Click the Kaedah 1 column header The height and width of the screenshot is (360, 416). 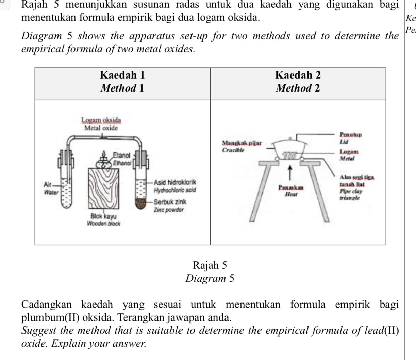[122, 75]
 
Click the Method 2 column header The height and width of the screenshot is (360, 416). [298, 88]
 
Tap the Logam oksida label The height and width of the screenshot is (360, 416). [101, 120]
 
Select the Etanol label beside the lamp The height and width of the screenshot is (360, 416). [121, 155]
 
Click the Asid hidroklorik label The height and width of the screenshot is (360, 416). [176, 182]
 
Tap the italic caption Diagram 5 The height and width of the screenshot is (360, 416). [210, 278]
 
